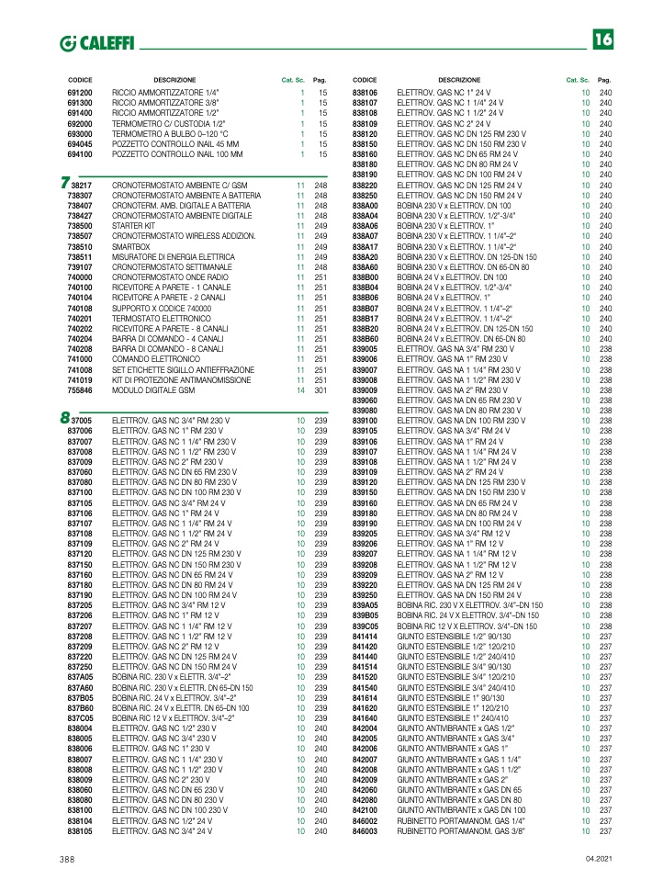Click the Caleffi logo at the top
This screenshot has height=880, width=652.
tap(96, 43)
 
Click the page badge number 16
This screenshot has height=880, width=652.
tap(602, 39)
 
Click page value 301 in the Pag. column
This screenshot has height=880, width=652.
tap(320, 390)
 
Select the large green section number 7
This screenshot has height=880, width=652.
tap(64, 184)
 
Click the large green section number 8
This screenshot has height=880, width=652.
tap(64, 419)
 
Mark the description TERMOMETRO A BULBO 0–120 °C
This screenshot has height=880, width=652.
tap(170, 134)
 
